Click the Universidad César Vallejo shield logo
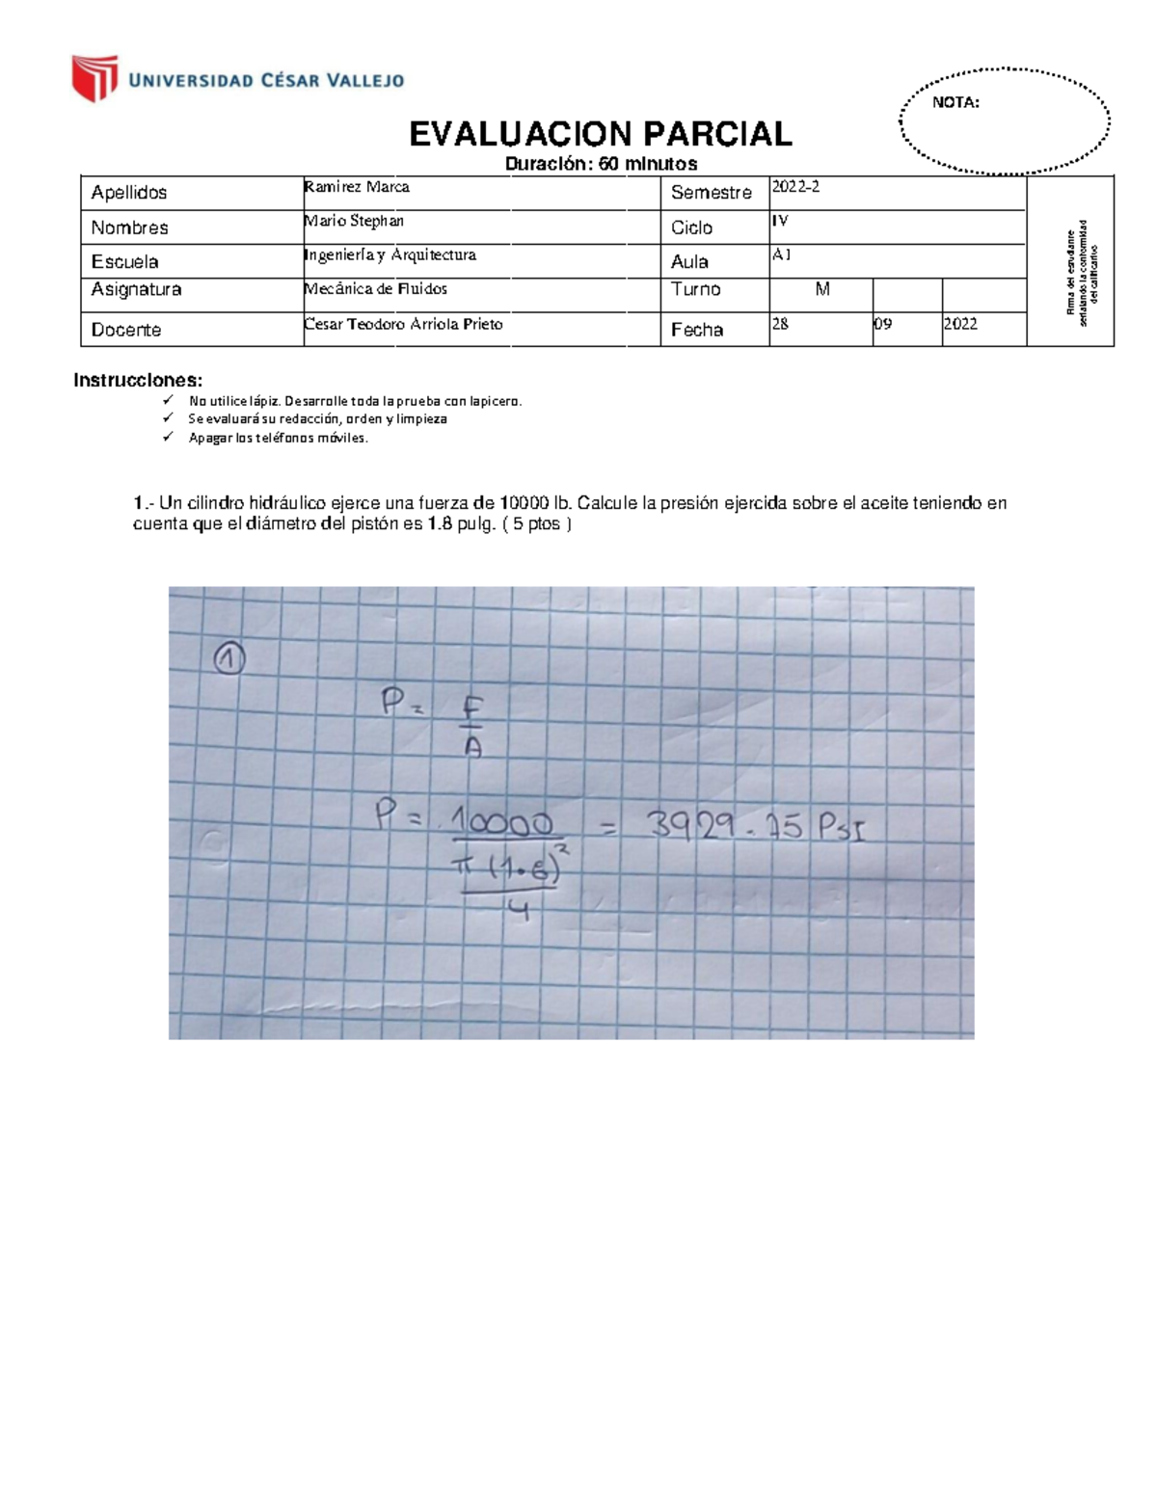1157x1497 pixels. pos(94,78)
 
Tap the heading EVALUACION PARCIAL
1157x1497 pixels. pos(600,134)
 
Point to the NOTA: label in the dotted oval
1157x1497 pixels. pos(955,102)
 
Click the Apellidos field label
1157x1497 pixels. pos(129,193)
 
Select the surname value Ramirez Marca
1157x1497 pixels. pos(357,187)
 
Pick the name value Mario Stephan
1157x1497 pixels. pos(354,221)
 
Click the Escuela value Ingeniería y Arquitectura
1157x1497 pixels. pos(390,254)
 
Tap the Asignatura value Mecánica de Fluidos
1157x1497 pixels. pos(375,288)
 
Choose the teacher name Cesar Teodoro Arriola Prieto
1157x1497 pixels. pos(403,324)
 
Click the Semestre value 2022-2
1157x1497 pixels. pos(795,187)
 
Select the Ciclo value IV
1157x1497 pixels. pos(780,221)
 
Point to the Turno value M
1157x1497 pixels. pos(821,289)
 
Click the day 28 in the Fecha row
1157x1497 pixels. pos(780,324)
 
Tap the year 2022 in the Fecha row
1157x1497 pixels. pos(960,324)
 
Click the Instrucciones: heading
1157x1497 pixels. pos(138,380)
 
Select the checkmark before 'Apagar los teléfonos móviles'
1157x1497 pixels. pos(168,437)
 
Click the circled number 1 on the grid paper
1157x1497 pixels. pos(229,659)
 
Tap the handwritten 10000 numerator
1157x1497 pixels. pos(501,822)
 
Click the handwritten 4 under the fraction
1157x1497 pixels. pos(518,909)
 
